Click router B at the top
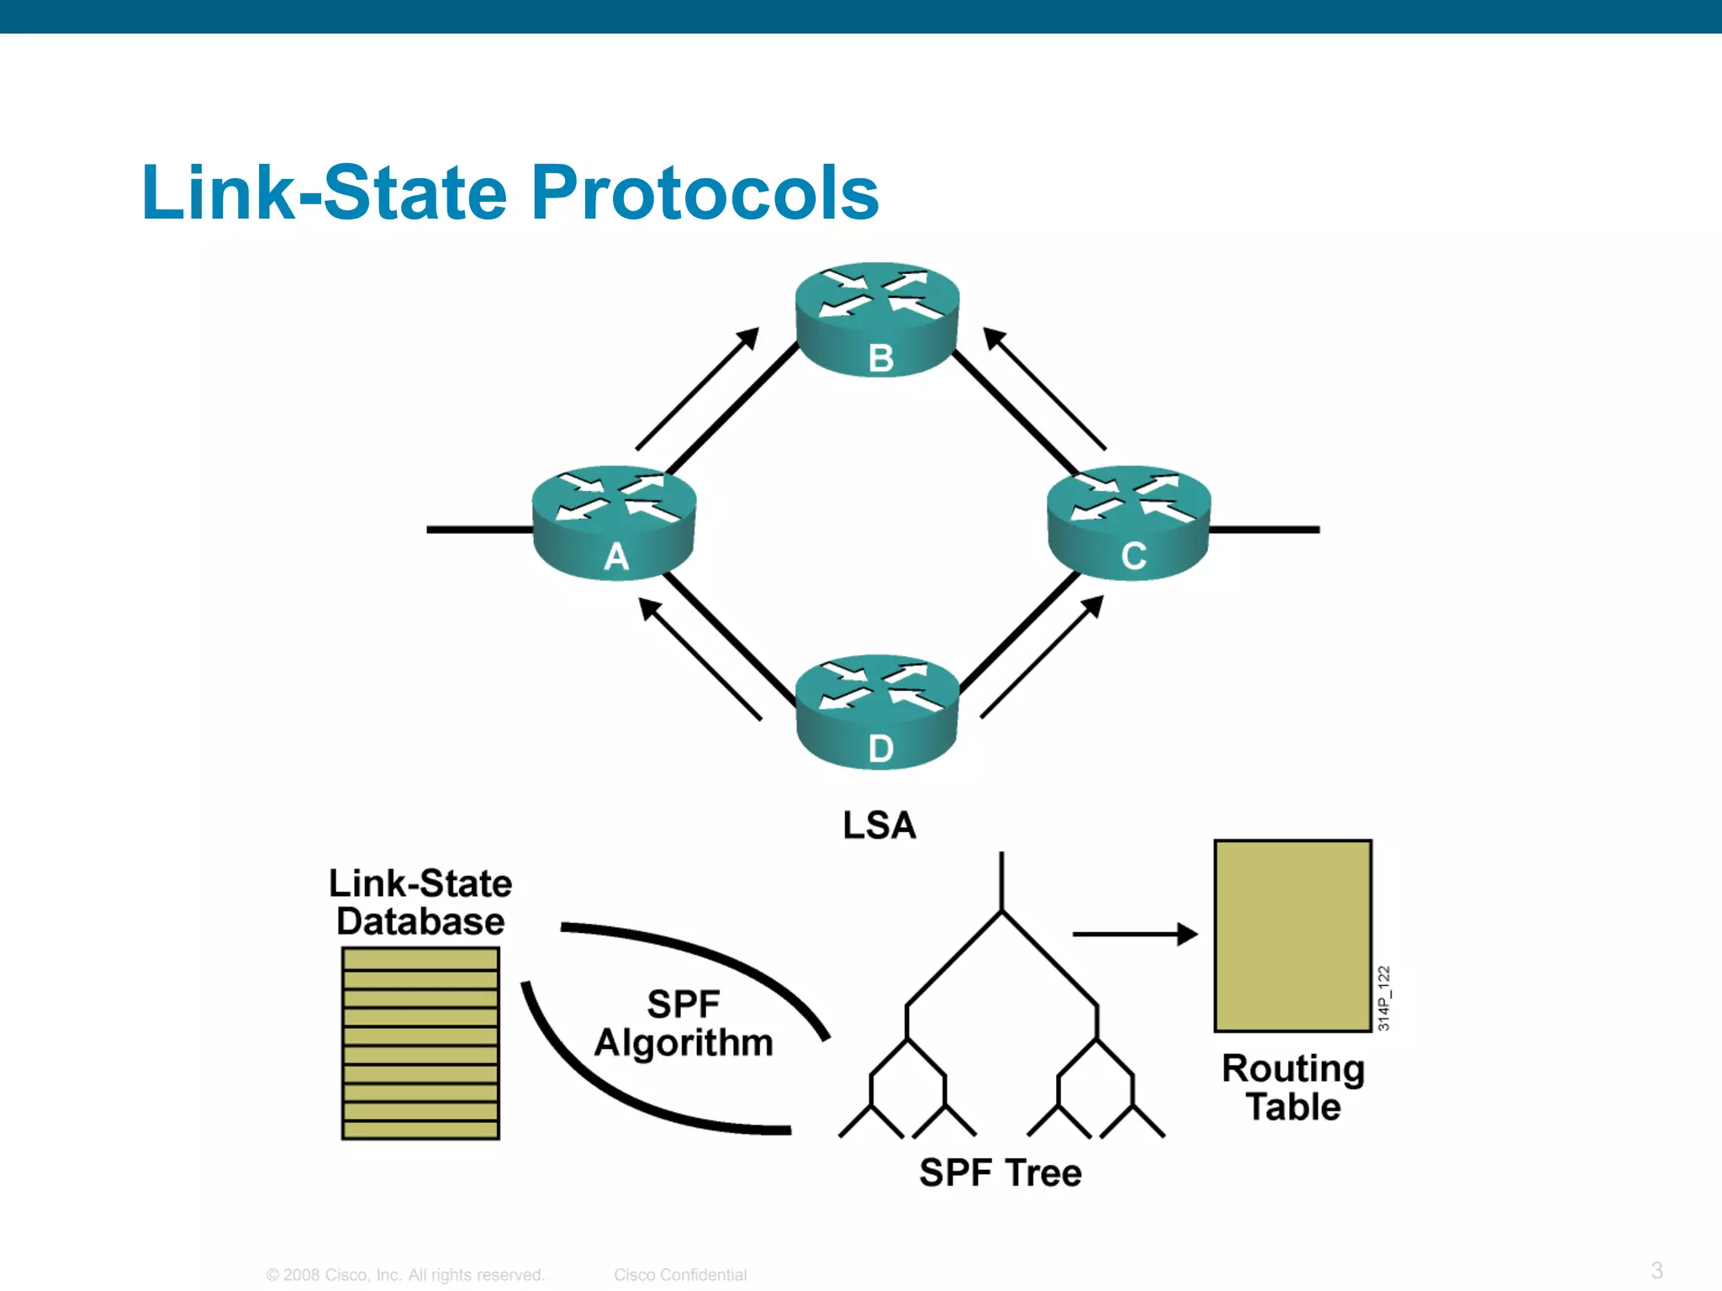pos(877,319)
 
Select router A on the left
pos(614,523)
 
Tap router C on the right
pos(1128,523)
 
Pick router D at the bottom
pos(877,712)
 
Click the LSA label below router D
pos(879,825)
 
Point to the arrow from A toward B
pos(697,388)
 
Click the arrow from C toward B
pos(1044,388)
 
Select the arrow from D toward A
pos(700,658)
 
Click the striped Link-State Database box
pos(420,1043)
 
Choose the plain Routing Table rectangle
pos(1292,935)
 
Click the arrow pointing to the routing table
pos(1134,934)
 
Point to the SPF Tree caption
pos(1001,1172)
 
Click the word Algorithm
pos(684,1043)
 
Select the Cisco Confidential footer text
pos(680,1274)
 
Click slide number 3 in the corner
pos(1656,1270)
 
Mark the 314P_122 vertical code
pos(1384,998)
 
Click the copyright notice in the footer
pos(405,1274)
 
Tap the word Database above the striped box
pos(420,921)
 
